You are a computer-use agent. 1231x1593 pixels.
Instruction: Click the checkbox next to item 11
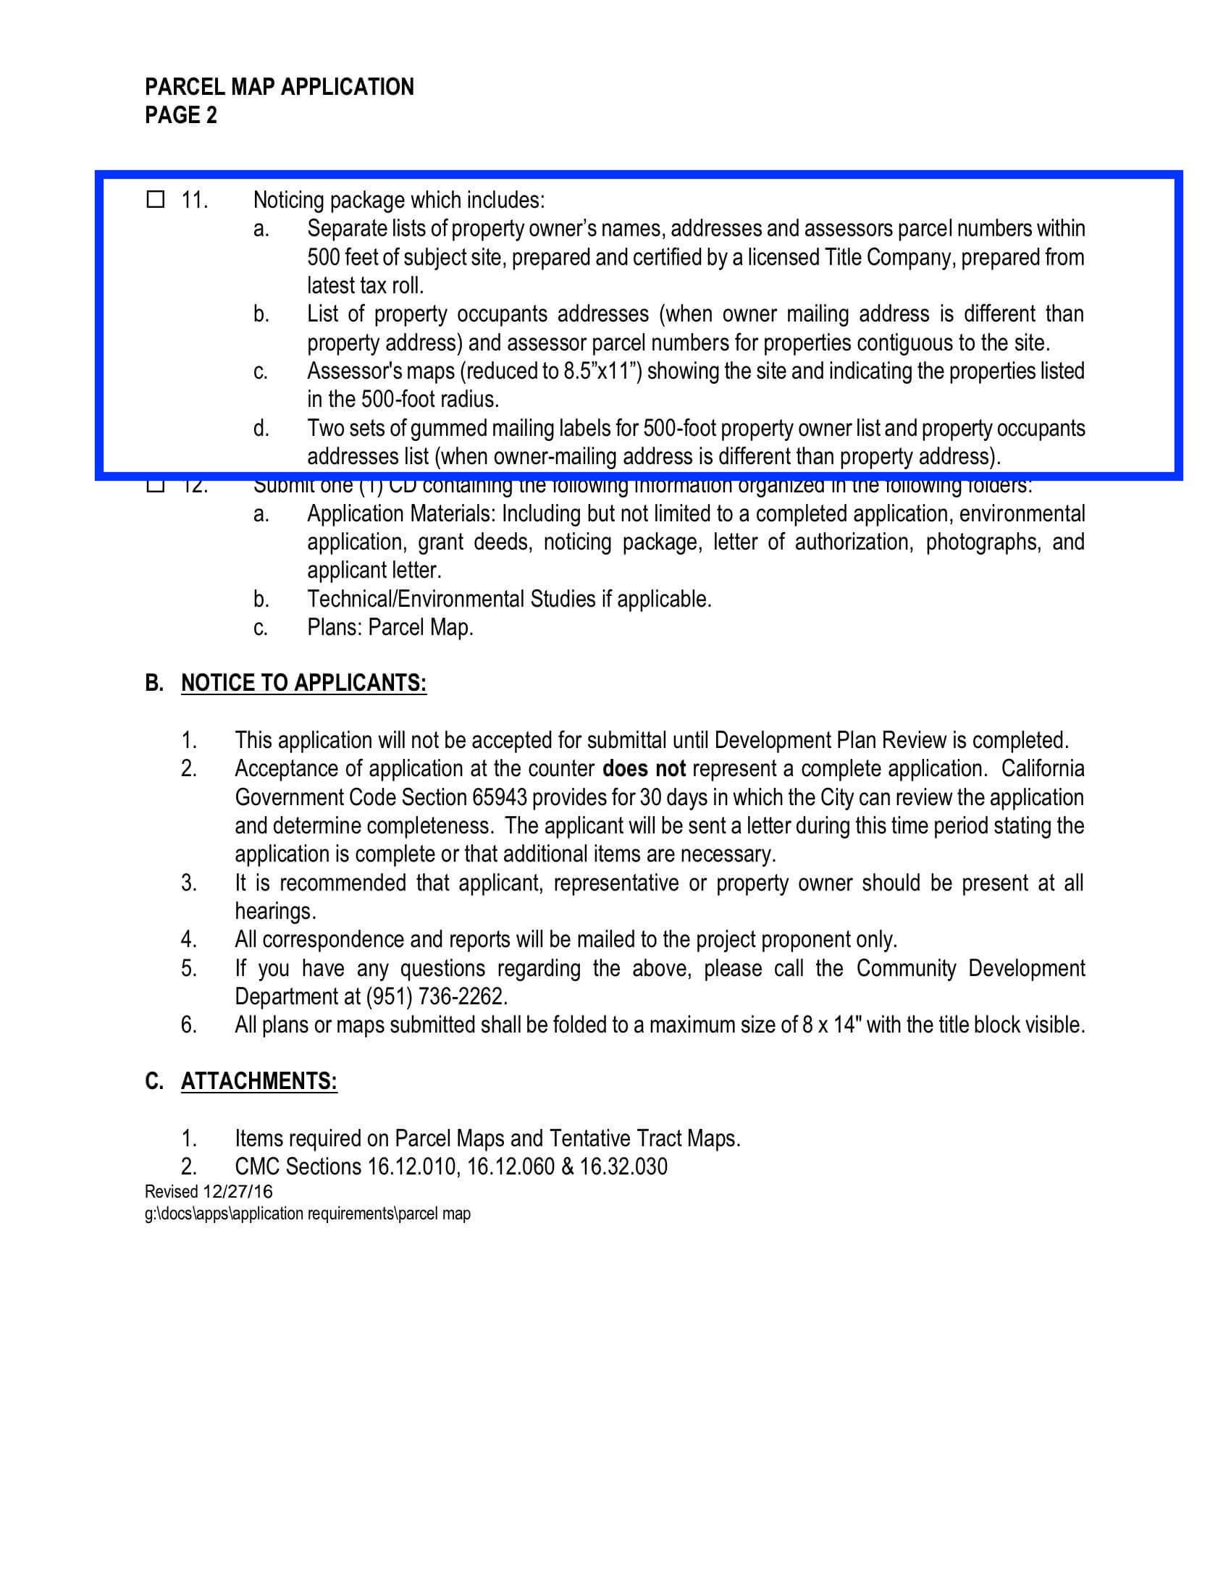pyautogui.click(x=156, y=199)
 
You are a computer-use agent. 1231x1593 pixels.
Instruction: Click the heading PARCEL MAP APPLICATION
pyautogui.click(x=280, y=87)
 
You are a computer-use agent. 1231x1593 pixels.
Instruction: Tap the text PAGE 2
pyautogui.click(x=181, y=115)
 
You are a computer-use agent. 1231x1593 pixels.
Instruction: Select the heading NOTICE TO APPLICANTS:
pyautogui.click(x=303, y=683)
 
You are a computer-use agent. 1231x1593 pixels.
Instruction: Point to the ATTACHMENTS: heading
pyautogui.click(x=259, y=1081)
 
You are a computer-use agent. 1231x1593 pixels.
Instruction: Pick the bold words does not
pyautogui.click(x=644, y=769)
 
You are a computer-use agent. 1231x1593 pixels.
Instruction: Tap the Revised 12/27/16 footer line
pyautogui.click(x=209, y=1191)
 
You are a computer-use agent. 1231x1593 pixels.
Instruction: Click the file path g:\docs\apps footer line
pyautogui.click(x=307, y=1214)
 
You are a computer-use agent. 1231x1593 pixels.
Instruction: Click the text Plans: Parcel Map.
pyautogui.click(x=390, y=627)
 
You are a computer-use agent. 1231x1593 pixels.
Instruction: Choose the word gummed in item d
pyautogui.click(x=453, y=428)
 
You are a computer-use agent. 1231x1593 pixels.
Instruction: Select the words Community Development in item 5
pyautogui.click(x=970, y=968)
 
